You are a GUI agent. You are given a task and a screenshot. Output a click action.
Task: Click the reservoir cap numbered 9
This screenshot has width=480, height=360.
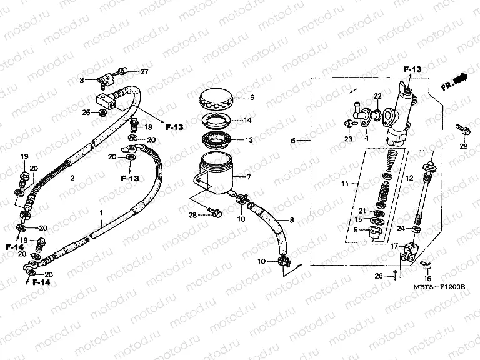[216, 99]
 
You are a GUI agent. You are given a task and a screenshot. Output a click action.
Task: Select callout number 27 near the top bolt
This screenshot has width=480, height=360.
[144, 72]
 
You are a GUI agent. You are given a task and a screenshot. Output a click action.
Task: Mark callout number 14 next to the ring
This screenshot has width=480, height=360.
[247, 120]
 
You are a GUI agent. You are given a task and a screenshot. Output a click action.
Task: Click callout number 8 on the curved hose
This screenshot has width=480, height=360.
[290, 220]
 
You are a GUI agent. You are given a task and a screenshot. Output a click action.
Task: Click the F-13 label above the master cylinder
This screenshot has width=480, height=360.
[413, 69]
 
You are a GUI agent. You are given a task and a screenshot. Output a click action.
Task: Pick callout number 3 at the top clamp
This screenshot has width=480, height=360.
[81, 80]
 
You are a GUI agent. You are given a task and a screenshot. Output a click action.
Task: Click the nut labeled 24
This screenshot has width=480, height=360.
[417, 229]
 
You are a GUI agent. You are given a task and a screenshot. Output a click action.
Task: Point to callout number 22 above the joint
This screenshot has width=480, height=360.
[377, 96]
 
